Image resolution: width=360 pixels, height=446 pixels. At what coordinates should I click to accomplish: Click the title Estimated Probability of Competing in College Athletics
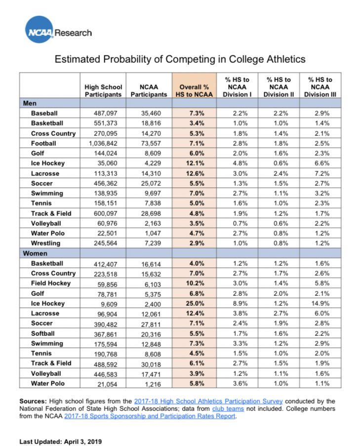pyautogui.click(x=180, y=59)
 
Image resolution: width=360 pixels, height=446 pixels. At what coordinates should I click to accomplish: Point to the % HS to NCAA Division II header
pyautogui.click(x=279, y=86)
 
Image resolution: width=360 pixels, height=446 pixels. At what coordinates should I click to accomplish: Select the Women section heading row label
pyautogui.click(x=35, y=253)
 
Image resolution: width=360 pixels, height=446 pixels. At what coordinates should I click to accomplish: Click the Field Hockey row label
pyautogui.click(x=51, y=283)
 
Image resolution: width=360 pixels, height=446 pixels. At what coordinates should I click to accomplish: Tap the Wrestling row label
pyautogui.click(x=45, y=243)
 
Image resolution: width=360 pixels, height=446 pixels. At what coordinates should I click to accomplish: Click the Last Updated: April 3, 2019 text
pyautogui.click(x=60, y=441)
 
